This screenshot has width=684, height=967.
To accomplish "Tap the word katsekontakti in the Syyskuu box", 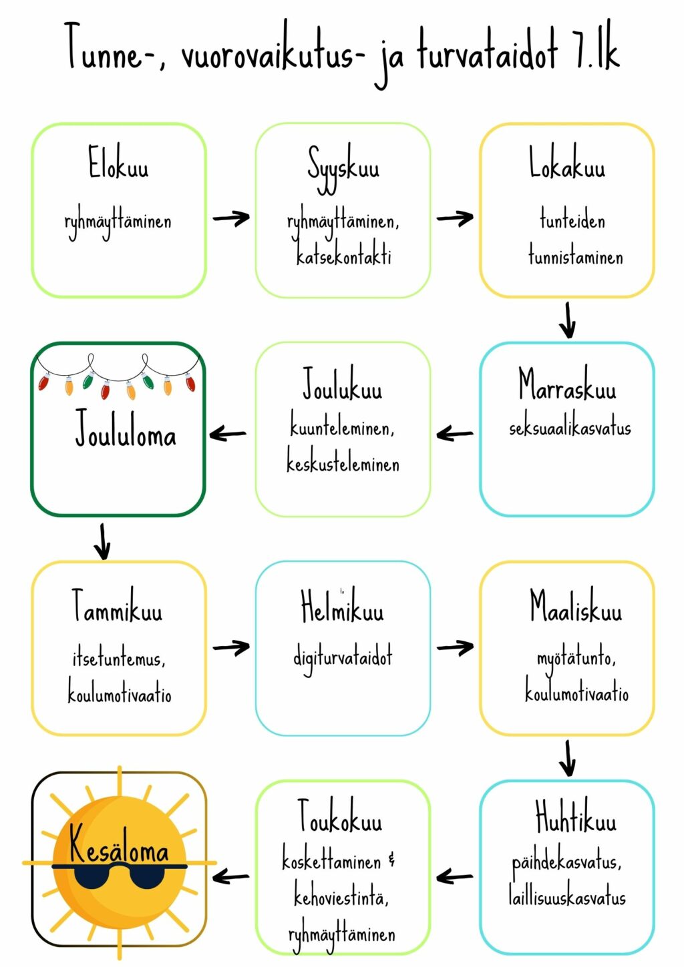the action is tap(343, 256).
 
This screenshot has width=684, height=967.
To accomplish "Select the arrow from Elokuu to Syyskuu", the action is tap(231, 218).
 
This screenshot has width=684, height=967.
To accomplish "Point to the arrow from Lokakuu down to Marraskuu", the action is tap(568, 320).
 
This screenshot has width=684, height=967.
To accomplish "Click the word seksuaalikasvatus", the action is tap(570, 428).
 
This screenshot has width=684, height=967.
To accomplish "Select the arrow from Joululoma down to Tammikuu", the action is tap(102, 542).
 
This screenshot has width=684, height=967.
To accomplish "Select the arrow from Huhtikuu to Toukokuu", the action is tap(455, 877).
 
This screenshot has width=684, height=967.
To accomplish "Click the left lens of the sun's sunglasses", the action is tap(92, 878).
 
